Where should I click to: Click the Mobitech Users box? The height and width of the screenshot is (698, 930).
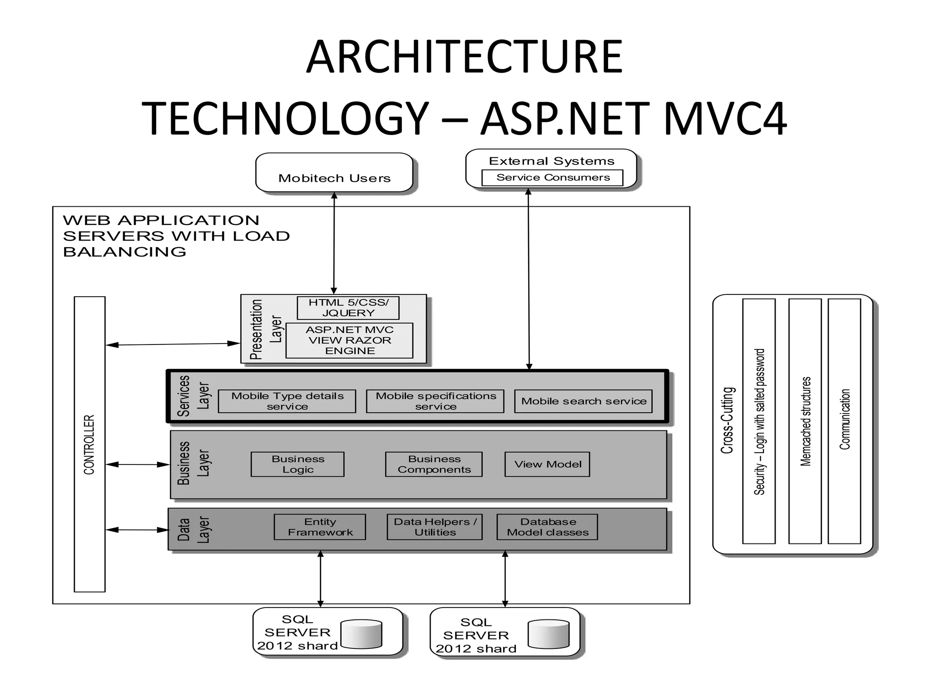point(334,173)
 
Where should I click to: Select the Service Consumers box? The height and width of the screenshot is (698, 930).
point(552,178)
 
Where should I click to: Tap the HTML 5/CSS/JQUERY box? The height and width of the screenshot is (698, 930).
point(348,308)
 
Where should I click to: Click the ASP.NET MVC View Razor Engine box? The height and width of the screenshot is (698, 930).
point(349,340)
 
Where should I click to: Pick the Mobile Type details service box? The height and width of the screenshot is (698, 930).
point(287,401)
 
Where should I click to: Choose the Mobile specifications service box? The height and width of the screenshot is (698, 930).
point(435,401)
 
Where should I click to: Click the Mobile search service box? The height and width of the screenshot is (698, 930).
point(583,401)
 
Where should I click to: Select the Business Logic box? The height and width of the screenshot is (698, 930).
point(297,464)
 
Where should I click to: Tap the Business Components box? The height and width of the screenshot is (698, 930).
point(434,464)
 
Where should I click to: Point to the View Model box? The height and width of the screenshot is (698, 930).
point(547,464)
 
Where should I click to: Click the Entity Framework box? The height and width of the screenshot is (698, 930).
point(320,527)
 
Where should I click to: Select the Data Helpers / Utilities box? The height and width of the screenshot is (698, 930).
point(435,527)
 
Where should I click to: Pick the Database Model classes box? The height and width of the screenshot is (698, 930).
point(547,527)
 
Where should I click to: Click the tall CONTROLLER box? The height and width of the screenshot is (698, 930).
point(89,444)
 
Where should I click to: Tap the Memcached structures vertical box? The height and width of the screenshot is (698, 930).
point(805,421)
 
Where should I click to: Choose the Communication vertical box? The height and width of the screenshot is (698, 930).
point(844,421)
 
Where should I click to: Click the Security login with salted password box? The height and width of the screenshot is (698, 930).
point(759,421)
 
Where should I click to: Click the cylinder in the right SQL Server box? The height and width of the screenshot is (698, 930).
point(549,634)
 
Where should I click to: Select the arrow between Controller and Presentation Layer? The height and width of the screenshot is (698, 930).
point(173,344)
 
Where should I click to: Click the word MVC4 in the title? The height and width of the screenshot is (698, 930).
point(725,119)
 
